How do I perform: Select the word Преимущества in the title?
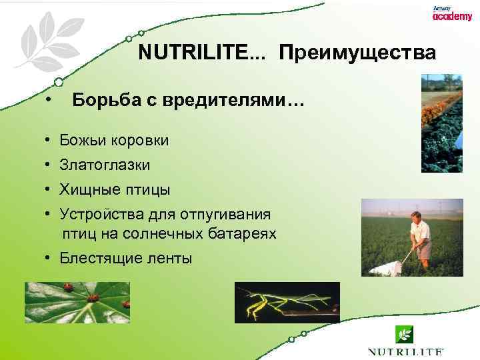coord(357,53)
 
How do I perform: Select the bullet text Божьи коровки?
coord(114,141)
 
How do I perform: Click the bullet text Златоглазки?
coord(105,165)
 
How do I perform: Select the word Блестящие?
coord(97,258)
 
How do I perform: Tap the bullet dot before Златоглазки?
coord(49,165)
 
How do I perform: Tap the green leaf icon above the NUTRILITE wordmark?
coord(405,334)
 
